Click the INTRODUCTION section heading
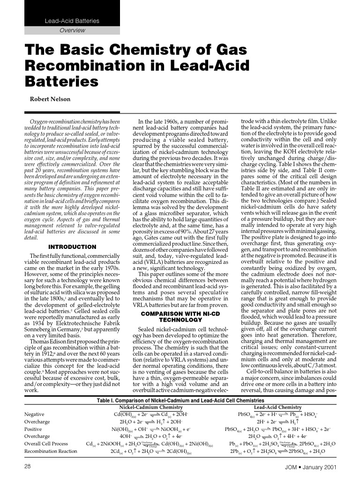pyautogui.click(x=72, y=247)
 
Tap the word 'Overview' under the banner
pyautogui.click(x=72, y=30)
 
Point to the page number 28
pyautogui.click(x=28, y=467)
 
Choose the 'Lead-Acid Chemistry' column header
pyautogui.click(x=277, y=407)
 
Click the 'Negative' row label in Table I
pyautogui.click(x=34, y=414)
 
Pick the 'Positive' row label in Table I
pyautogui.click(x=33, y=429)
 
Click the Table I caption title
pyautogui.click(x=180, y=401)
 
